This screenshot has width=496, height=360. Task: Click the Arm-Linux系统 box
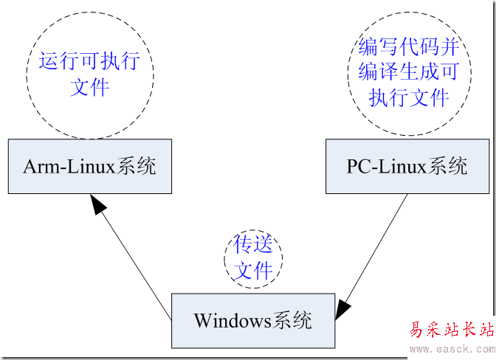pyautogui.click(x=90, y=166)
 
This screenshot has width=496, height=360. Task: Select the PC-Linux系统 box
pyautogui.click(x=407, y=166)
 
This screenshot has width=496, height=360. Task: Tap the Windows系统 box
pyautogui.click(x=252, y=320)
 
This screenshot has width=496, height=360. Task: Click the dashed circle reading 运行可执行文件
pyautogui.click(x=90, y=74)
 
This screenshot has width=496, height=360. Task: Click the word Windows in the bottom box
pyautogui.click(x=230, y=321)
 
